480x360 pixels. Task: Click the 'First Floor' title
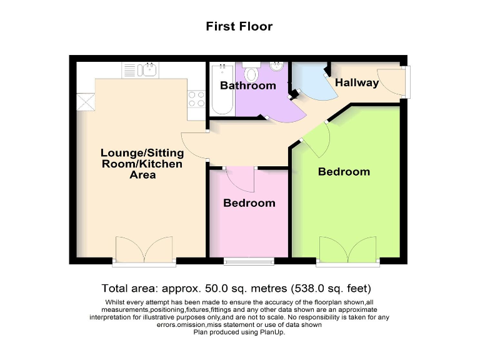pyautogui.click(x=239, y=26)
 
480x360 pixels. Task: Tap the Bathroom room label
pyautogui.click(x=247, y=86)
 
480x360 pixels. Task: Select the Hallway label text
pyautogui.click(x=357, y=82)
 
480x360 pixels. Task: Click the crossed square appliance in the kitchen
pyautogui.click(x=86, y=101)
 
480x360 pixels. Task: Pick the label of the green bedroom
pyautogui.click(x=344, y=171)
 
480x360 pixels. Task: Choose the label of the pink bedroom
pyautogui.click(x=249, y=203)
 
